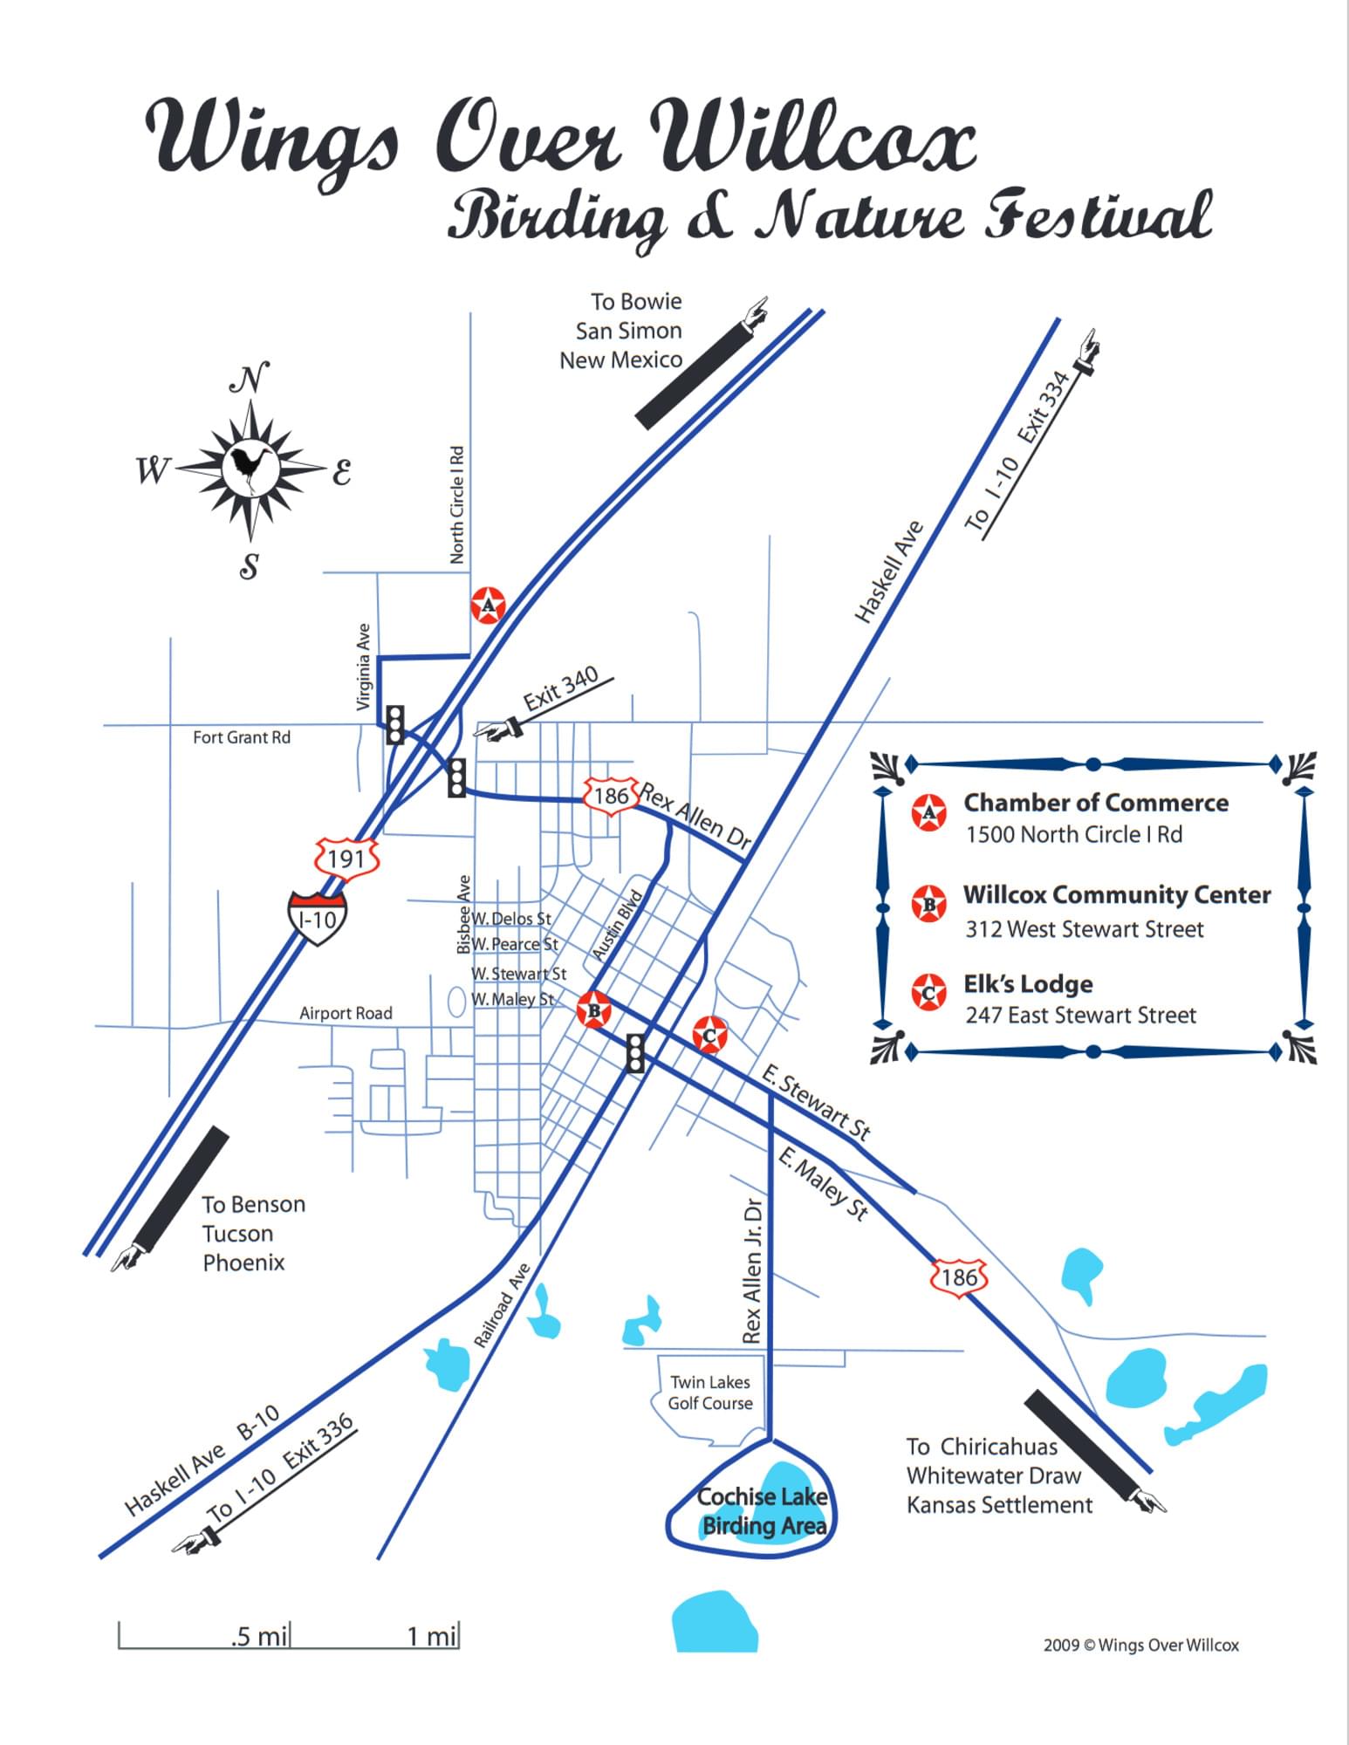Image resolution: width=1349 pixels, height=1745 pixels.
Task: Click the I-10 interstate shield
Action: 318,917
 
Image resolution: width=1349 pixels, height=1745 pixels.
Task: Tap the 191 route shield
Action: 346,859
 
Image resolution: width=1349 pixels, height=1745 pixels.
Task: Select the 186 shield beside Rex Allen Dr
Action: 611,795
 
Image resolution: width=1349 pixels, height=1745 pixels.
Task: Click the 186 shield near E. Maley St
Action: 959,1277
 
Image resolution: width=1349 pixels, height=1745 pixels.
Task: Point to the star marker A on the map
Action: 488,605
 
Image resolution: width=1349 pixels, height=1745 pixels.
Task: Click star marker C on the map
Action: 709,1035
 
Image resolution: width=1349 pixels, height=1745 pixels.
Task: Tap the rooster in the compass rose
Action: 250,469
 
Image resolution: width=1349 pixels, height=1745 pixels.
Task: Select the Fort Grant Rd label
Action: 242,737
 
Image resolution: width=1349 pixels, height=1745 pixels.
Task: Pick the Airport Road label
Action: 346,1013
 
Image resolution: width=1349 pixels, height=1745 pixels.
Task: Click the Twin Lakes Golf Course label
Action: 710,1393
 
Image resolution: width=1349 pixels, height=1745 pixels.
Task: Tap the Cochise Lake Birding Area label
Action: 763,1511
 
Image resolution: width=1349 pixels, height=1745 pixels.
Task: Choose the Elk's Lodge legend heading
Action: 1028,984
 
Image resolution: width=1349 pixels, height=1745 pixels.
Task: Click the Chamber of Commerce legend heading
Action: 1096,803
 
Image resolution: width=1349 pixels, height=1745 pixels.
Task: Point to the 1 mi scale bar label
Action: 432,1636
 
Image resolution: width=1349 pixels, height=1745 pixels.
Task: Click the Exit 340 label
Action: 561,688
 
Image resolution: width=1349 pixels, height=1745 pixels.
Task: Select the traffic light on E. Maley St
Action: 635,1052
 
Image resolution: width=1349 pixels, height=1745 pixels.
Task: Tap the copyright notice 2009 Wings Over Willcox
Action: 1141,1645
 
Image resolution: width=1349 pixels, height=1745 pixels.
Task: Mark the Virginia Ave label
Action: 364,667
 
